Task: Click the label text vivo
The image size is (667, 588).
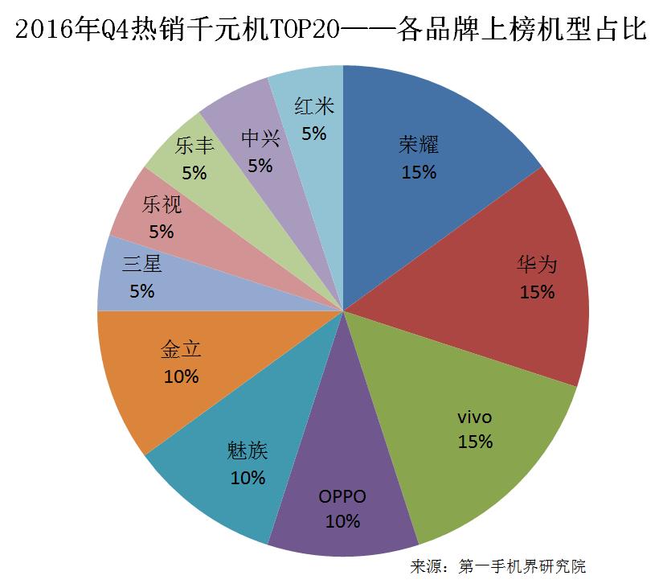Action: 474,417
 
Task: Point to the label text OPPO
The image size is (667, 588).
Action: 342,496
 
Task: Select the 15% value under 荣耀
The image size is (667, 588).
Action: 419,172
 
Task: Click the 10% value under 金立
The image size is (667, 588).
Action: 181,376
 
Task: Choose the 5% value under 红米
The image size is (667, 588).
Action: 313,134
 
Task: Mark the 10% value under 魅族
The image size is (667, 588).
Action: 248,478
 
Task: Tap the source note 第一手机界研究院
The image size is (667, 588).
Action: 522,566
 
